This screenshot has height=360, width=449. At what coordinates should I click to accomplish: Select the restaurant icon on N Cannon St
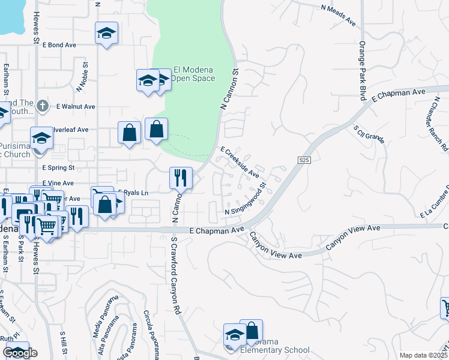point(181,178)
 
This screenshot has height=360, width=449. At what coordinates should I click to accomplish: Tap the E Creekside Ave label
point(240,162)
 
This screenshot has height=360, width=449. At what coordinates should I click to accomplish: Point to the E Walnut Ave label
point(76,106)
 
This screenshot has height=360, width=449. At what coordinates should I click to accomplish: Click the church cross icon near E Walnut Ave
point(42,106)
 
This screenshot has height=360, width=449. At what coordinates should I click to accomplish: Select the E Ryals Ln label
point(133,193)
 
